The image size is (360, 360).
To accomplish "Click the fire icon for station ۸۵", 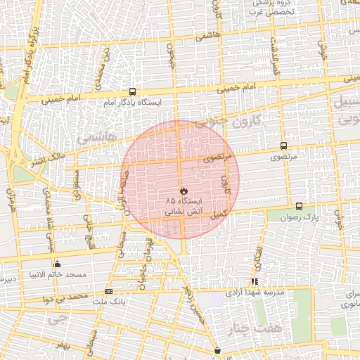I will coord(183,191).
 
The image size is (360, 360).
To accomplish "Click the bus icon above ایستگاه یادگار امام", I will coord(132,91).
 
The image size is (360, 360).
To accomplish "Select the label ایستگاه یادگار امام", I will coord(133,103).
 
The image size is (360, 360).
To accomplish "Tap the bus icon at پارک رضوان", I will coord(300,206).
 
